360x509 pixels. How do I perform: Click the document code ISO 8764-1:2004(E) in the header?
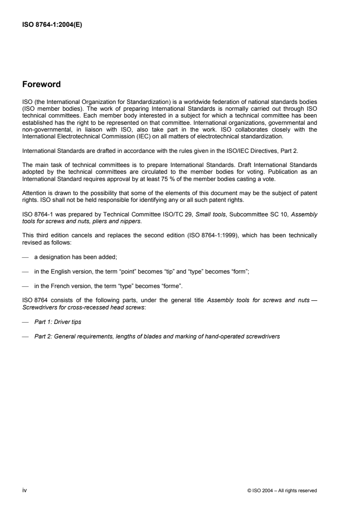(x=49, y=26)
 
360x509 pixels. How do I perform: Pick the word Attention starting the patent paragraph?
(x=33, y=192)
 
